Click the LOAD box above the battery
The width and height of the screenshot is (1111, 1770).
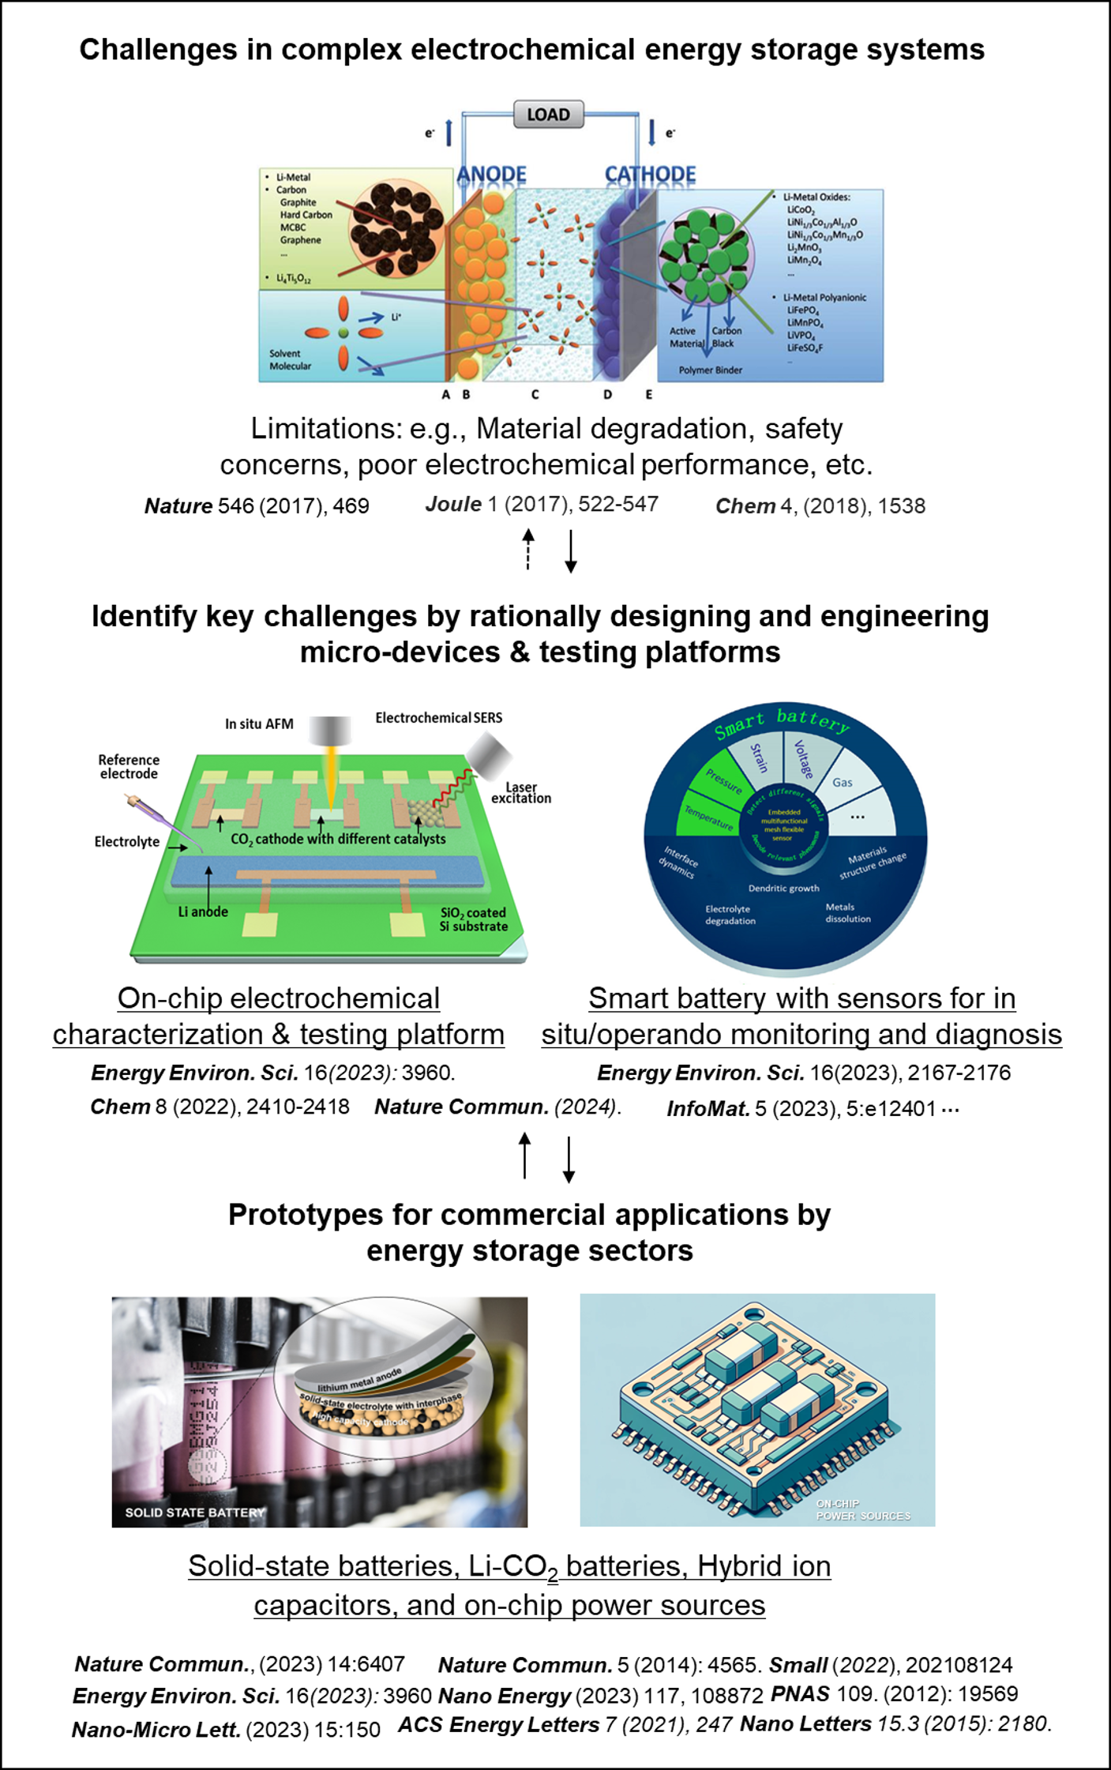point(548,115)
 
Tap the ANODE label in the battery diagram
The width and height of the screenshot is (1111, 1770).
point(491,175)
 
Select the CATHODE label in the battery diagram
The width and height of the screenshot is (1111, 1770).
point(650,175)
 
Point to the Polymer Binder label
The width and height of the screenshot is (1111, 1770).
point(710,370)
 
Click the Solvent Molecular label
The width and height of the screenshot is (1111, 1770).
point(290,360)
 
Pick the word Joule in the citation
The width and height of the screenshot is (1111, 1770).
point(453,505)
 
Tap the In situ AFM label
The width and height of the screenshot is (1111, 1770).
point(259,724)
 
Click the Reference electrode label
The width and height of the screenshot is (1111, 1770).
point(129,767)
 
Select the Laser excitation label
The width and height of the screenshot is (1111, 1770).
point(521,793)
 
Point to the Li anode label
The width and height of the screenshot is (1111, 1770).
point(203,912)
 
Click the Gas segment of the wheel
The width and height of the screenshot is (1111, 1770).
point(843,783)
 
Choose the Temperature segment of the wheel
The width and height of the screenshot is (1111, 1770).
point(708,817)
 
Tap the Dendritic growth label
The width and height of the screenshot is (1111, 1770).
point(783,889)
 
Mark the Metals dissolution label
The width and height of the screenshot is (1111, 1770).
point(847,913)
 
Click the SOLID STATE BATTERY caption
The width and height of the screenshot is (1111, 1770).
point(195,1513)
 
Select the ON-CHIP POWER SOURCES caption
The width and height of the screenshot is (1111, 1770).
point(862,1510)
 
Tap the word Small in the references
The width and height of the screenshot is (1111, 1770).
point(798,1665)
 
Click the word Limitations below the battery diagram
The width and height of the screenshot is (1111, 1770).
point(326,429)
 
